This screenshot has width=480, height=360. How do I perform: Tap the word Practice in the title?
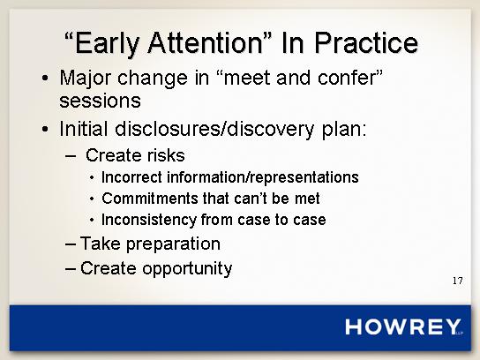tap(366, 42)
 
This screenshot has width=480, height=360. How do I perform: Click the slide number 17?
tap(458, 281)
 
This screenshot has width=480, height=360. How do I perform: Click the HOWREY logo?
tap(403, 326)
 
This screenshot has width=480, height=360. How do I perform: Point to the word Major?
tap(85, 79)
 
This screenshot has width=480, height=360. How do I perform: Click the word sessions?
tap(100, 101)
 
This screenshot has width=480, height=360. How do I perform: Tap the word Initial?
tap(83, 129)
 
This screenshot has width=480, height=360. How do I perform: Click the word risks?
tap(166, 155)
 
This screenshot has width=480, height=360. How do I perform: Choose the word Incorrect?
tap(131, 177)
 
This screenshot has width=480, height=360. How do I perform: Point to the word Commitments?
tap(150, 199)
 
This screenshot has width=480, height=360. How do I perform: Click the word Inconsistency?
tap(149, 220)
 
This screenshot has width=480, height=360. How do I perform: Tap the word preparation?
tap(173, 244)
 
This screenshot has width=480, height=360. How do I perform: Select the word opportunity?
tap(187, 269)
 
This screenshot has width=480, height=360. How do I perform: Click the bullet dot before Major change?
tap(45, 79)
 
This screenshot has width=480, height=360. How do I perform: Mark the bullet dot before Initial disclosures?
tap(45, 129)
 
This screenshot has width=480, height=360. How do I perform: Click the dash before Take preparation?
tap(71, 244)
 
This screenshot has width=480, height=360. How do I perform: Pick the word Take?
tap(100, 244)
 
